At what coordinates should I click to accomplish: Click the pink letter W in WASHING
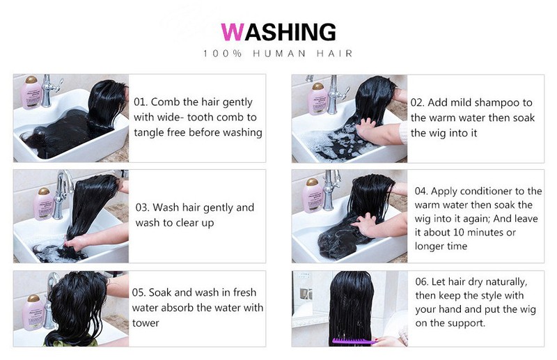[x=233, y=32]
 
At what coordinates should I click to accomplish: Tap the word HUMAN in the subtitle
[x=279, y=54]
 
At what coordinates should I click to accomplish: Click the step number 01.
[x=141, y=102]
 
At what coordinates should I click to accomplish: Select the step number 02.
[x=417, y=102]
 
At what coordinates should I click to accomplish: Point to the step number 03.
[x=142, y=208]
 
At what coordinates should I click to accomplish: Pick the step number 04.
[x=421, y=191]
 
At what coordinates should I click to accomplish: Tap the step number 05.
[x=139, y=292]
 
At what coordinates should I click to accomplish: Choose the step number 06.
[x=422, y=282]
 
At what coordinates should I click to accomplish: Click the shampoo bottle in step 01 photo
[x=31, y=92]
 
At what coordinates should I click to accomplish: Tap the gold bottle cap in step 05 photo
[x=33, y=298]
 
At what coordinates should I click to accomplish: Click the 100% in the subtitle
[x=223, y=54]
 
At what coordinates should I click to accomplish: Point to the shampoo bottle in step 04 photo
[x=311, y=196]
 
